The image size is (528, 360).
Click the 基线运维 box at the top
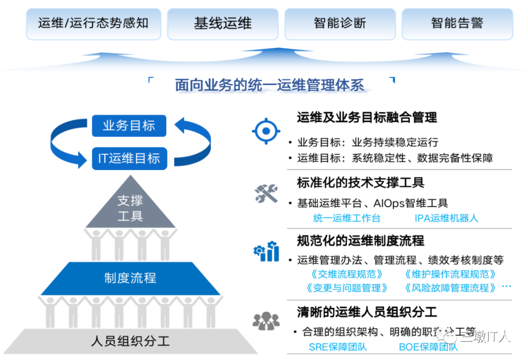point(223,23)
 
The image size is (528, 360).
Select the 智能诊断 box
point(340,23)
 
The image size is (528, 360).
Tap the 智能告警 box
point(457,23)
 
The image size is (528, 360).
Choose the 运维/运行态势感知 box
point(93,23)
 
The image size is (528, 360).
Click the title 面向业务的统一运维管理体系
point(269,85)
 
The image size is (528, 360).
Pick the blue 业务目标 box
point(129,126)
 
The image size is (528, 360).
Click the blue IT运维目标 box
point(129,158)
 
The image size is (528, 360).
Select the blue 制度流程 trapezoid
point(130,278)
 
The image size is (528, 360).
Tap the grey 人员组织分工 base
point(130,341)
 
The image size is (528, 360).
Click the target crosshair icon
point(266,130)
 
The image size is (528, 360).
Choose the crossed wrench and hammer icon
point(266,193)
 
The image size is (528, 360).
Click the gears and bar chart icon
point(266,252)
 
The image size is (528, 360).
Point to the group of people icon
point(266,320)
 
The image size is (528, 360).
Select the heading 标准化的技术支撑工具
point(361,183)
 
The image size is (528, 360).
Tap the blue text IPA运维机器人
point(446,218)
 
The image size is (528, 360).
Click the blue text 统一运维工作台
point(347,218)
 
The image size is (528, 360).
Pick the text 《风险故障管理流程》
point(451,288)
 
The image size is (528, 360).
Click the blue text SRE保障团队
point(338,347)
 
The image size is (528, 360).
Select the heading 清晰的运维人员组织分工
point(367,311)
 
